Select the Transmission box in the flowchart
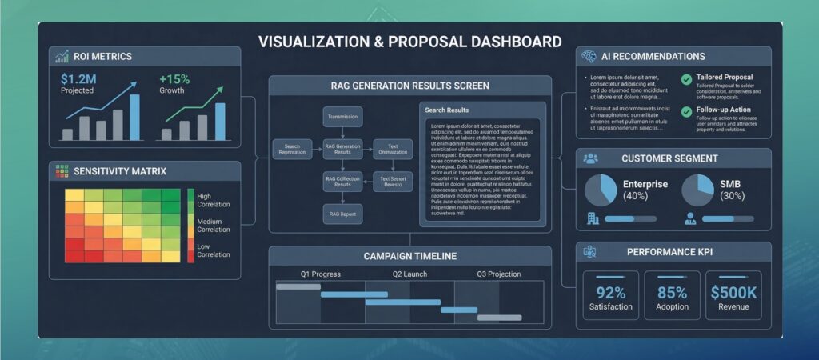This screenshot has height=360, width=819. tap(343, 118)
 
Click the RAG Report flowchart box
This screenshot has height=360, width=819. tap(343, 214)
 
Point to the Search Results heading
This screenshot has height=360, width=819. tap(447, 110)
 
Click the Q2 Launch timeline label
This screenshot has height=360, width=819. tap(409, 274)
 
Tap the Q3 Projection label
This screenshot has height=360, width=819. tap(499, 274)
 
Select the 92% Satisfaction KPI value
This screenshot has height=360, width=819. tap(611, 292)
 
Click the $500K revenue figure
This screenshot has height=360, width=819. tap(733, 292)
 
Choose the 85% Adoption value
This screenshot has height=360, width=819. tap(672, 292)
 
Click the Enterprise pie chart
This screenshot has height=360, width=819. tap(601, 190)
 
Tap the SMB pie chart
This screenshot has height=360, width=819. tap(697, 190)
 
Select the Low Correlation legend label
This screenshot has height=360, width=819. tap(213, 250)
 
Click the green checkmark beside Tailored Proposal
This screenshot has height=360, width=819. tap(686, 78)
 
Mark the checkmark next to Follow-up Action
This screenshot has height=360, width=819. tap(686, 111)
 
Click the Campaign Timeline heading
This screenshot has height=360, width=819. tap(409, 256)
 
